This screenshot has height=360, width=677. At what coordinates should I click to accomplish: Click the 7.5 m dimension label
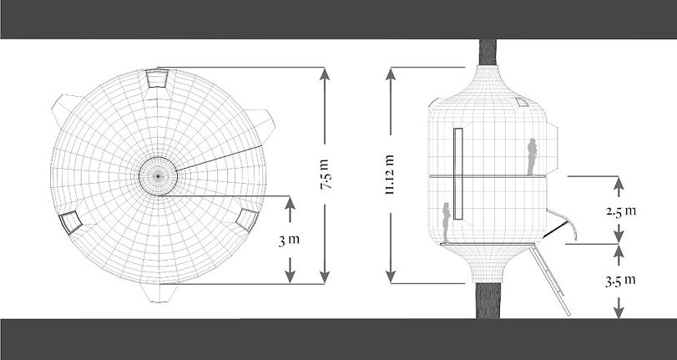pyautogui.click(x=325, y=175)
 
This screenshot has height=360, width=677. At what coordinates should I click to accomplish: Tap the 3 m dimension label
pyautogui.click(x=290, y=240)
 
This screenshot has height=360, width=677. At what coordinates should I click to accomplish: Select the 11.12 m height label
pyautogui.click(x=391, y=175)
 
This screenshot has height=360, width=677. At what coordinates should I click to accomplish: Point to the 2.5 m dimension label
pyautogui.click(x=620, y=211)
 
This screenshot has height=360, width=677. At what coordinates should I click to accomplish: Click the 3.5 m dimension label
pyautogui.click(x=620, y=281)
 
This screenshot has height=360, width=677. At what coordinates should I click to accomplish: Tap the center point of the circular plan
pyautogui.click(x=158, y=176)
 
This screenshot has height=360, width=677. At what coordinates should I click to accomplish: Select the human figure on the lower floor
pyautogui.click(x=446, y=222)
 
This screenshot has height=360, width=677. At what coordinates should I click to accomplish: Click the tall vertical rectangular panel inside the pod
pyautogui.click(x=458, y=174)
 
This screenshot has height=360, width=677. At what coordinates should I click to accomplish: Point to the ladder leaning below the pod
pyautogui.click(x=549, y=280)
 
